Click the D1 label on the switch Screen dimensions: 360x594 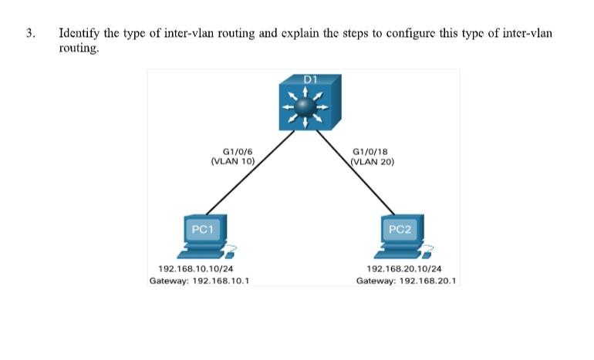pyautogui.click(x=310, y=79)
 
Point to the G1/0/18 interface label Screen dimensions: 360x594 pyautogui.click(x=369, y=153)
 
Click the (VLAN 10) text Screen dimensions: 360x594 pyautogui.click(x=233, y=162)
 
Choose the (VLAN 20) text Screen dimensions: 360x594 pyautogui.click(x=373, y=162)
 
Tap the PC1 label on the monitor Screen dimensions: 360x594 pyautogui.click(x=202, y=229)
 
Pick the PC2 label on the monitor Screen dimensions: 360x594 pyautogui.click(x=401, y=229)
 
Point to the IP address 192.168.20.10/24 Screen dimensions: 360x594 pyautogui.click(x=404, y=269)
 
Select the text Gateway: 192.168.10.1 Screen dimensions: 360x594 pyautogui.click(x=198, y=281)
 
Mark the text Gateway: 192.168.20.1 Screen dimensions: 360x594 pyautogui.click(x=407, y=281)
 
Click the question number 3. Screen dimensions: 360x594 pyautogui.click(x=30, y=34)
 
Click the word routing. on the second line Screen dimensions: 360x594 pyautogui.click(x=79, y=48)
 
